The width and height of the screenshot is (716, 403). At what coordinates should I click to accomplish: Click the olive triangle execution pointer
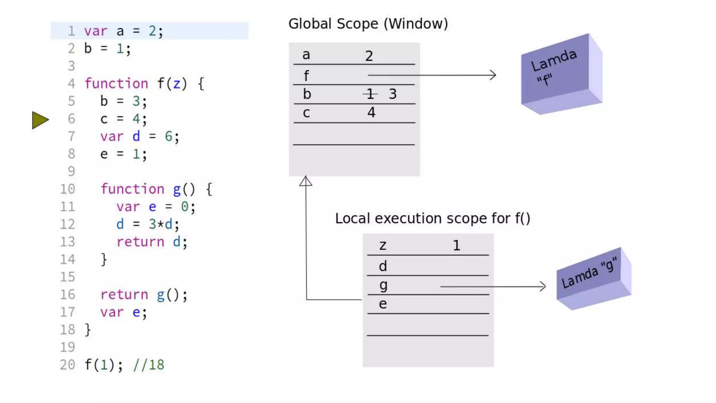click(40, 120)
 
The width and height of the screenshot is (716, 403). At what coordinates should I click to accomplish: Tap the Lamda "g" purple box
click(593, 278)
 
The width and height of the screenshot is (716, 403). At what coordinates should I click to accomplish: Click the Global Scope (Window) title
click(368, 24)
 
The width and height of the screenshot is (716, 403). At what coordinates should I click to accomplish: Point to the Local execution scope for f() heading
click(432, 218)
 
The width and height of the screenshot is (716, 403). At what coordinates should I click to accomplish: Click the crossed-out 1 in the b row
click(370, 94)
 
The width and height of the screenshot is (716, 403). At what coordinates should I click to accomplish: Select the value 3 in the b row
click(393, 94)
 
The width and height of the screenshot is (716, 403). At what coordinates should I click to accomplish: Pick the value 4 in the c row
click(371, 112)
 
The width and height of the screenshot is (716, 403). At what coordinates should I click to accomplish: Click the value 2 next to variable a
click(369, 56)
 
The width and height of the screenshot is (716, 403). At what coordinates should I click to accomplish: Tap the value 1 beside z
click(456, 245)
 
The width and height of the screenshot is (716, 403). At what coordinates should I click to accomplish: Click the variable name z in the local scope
click(383, 245)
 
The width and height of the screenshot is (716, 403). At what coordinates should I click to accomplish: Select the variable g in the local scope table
click(383, 285)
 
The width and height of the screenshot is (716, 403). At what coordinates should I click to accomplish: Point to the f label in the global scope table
click(306, 75)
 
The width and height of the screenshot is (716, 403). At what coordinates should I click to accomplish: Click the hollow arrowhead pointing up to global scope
click(306, 181)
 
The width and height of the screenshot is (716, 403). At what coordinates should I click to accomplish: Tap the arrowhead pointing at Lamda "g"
click(542, 287)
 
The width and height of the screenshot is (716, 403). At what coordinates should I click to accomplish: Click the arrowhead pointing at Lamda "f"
click(493, 75)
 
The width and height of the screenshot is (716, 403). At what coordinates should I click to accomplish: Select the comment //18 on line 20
click(149, 365)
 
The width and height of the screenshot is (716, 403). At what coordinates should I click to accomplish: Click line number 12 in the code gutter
click(67, 224)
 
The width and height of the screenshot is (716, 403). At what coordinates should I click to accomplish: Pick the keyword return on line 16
click(124, 295)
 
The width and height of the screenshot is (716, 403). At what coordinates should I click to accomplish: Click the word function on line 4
click(116, 84)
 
